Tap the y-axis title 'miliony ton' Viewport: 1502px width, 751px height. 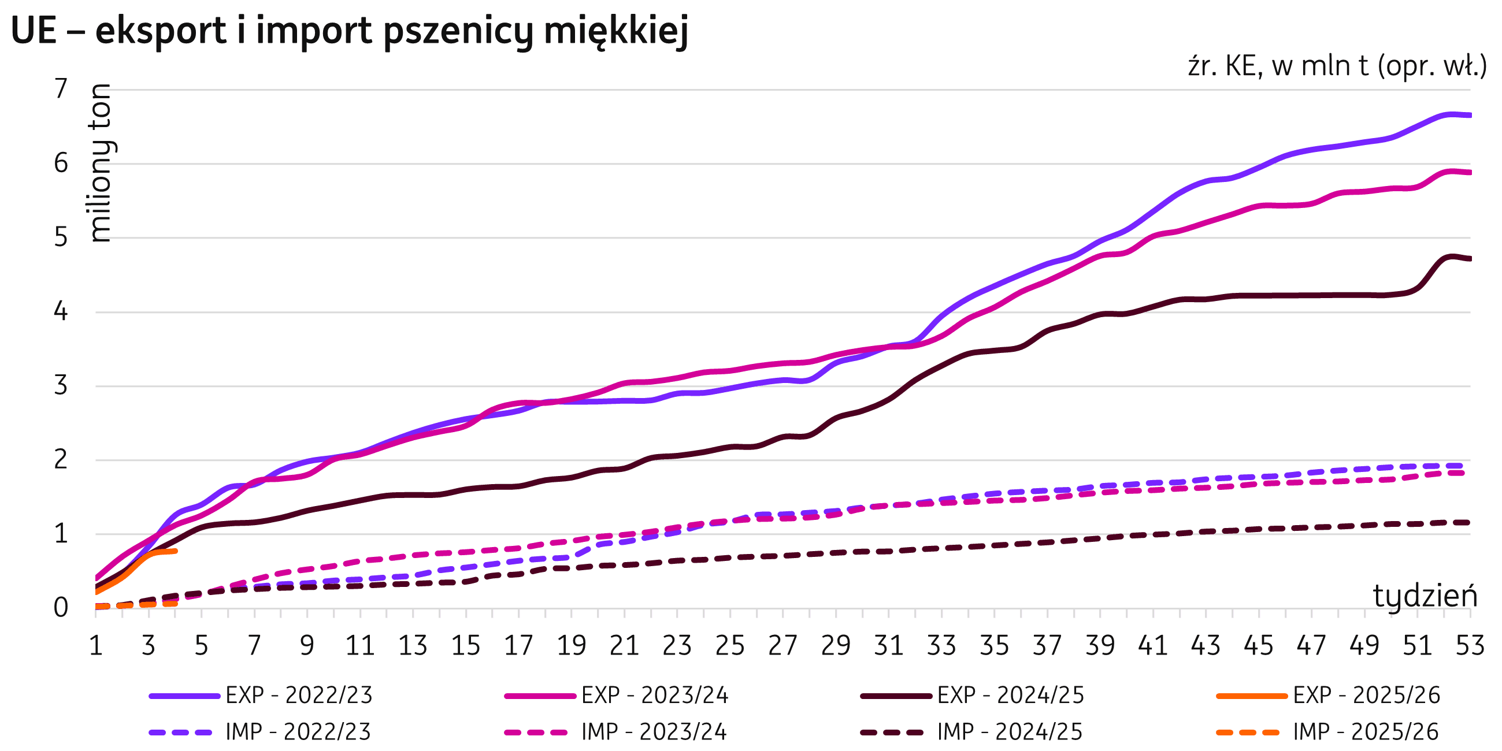click(x=102, y=163)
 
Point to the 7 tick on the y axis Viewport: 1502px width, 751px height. click(x=61, y=90)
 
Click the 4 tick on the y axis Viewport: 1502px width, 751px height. click(x=61, y=312)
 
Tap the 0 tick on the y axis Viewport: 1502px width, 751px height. click(x=61, y=608)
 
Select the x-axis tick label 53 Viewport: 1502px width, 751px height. click(x=1470, y=646)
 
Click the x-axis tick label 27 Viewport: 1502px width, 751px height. click(x=782, y=646)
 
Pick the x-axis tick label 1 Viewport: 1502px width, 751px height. click(x=95, y=646)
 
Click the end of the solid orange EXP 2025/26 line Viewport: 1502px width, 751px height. click(x=175, y=551)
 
